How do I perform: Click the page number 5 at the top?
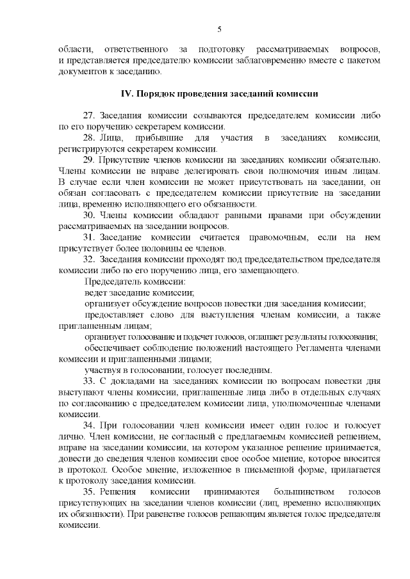pos(219,29)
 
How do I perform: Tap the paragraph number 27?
pos(90,116)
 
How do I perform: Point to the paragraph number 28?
pos(90,138)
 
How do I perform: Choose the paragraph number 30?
pos(90,215)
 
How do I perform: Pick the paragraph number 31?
pos(90,237)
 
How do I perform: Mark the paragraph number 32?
pos(90,260)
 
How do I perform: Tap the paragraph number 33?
pos(90,381)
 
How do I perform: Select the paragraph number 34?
pos(90,425)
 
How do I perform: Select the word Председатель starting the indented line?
pos(113,282)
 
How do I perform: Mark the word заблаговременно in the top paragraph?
pos(279,60)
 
